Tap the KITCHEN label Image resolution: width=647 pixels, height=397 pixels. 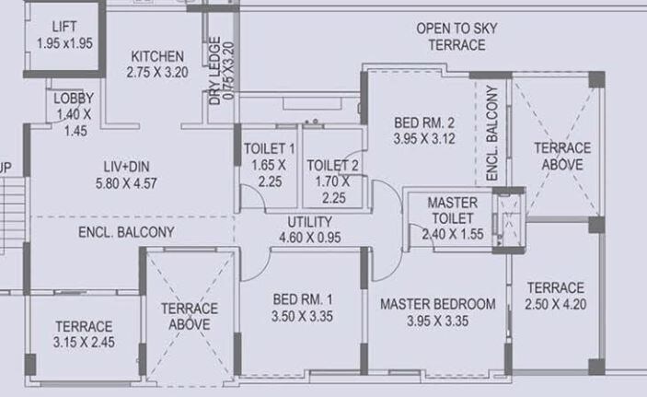[156, 56]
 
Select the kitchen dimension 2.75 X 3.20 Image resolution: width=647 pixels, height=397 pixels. [156, 71]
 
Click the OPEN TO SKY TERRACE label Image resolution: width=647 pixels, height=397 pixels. [456, 36]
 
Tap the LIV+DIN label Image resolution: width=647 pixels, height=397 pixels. [133, 167]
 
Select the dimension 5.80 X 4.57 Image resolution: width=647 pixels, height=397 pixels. [133, 182]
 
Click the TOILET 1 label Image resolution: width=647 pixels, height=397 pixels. [269, 149]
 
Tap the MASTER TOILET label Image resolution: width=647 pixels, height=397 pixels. [452, 210]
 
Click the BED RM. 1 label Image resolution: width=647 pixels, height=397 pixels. [303, 299]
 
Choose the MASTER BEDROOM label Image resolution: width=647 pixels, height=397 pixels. [437, 304]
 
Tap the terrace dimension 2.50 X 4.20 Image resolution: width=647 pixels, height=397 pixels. [555, 304]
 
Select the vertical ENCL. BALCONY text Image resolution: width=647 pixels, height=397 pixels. [491, 134]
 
